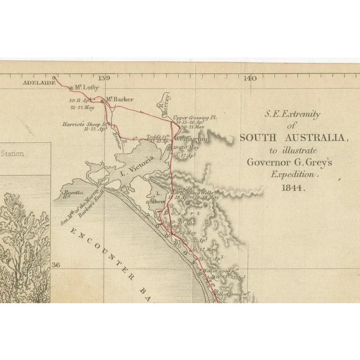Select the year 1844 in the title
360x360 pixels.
[x=292, y=188]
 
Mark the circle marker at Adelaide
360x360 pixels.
[x=54, y=78]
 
